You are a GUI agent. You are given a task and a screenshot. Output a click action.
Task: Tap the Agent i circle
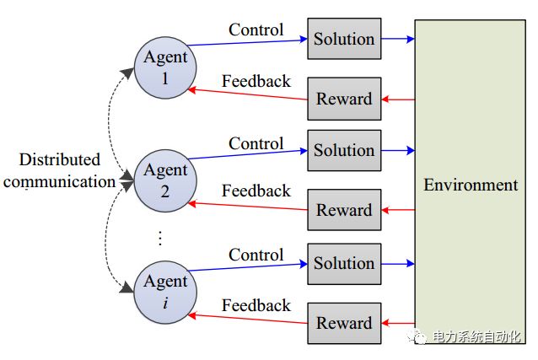click(x=165, y=292)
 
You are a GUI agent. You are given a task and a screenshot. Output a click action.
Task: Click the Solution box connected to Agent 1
click(x=344, y=39)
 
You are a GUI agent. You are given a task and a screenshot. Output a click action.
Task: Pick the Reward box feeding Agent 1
click(x=344, y=99)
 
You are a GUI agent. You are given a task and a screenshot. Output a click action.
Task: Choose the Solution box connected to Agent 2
click(x=344, y=150)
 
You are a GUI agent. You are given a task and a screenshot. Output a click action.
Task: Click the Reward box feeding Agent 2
click(x=344, y=210)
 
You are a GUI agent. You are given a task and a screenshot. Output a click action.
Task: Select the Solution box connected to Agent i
click(x=344, y=262)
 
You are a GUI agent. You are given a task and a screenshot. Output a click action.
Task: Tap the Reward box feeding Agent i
click(x=344, y=322)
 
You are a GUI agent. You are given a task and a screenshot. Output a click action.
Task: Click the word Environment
click(x=471, y=185)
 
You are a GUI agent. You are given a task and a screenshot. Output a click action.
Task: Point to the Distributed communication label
click(x=59, y=170)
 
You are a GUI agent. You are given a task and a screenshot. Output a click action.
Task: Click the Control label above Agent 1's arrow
click(x=256, y=30)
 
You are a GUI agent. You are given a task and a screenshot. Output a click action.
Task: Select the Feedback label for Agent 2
click(x=256, y=191)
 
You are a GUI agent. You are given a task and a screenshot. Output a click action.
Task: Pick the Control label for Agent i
click(x=256, y=255)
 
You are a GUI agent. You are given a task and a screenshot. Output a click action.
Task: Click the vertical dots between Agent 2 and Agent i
click(x=160, y=239)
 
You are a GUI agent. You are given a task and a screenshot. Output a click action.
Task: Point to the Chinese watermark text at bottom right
click(x=477, y=337)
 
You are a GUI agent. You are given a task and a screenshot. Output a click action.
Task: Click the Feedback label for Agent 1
click(x=256, y=82)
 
